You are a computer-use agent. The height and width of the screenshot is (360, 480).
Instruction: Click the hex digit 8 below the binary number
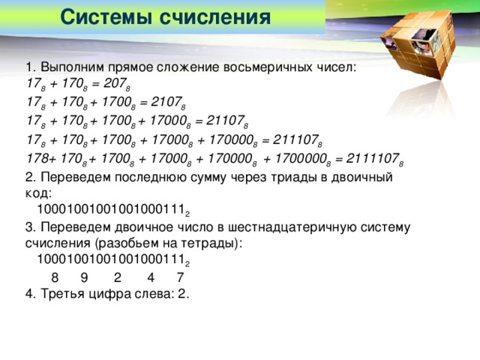[x=55, y=277]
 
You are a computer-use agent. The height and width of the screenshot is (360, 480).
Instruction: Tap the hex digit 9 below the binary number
[x=83, y=277]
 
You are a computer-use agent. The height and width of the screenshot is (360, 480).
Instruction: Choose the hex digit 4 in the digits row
[x=151, y=277]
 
